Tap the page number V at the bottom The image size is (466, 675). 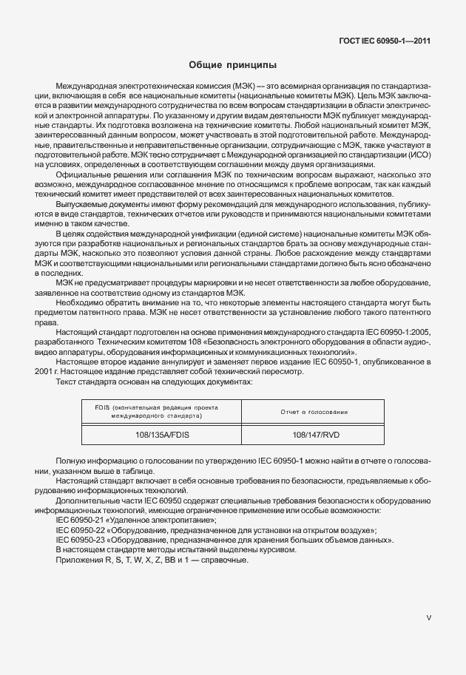pyautogui.click(x=429, y=617)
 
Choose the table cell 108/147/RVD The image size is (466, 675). pyautogui.click(x=314, y=436)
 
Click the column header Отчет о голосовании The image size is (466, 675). pyautogui.click(x=314, y=412)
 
